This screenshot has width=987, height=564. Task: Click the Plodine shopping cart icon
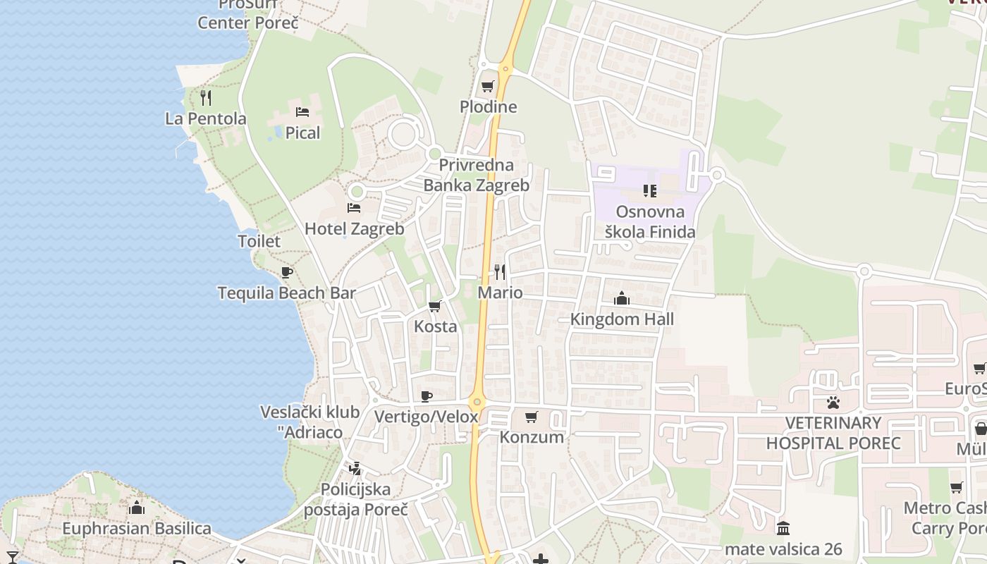(x=487, y=87)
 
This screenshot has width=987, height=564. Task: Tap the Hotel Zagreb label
(x=354, y=229)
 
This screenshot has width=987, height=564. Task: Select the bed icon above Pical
(x=302, y=112)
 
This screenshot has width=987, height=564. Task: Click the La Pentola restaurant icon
(x=206, y=97)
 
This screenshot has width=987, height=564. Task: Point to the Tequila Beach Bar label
(x=286, y=293)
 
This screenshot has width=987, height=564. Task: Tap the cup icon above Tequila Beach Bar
(x=286, y=272)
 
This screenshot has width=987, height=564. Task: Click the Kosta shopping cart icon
(x=435, y=306)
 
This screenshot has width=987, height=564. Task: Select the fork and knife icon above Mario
(x=500, y=271)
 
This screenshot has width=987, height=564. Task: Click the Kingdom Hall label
(x=622, y=319)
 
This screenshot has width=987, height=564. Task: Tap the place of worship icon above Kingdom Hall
(x=622, y=298)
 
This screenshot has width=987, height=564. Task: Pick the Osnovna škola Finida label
(x=650, y=221)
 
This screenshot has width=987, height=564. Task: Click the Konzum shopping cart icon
(x=532, y=417)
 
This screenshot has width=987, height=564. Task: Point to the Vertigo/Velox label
(x=426, y=417)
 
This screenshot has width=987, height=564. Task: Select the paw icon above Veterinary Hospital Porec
(x=833, y=403)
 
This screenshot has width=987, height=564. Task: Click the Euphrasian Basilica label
(x=137, y=529)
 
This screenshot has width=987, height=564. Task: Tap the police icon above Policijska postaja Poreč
(x=355, y=468)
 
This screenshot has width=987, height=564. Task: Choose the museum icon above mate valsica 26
(x=783, y=528)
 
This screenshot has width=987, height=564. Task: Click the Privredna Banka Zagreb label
(x=476, y=176)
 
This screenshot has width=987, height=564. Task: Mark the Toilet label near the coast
(x=259, y=241)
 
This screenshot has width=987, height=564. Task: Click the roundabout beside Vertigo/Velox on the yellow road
(x=477, y=403)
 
